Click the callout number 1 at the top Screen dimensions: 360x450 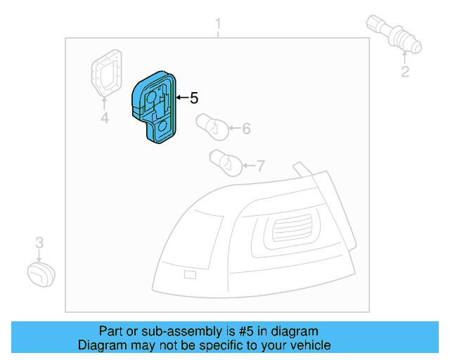(218, 26)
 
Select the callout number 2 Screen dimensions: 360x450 (405, 72)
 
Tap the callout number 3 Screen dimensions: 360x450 (39, 243)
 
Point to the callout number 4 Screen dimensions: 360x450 (104, 118)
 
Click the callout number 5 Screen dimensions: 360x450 (195, 98)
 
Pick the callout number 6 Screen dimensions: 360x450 (246, 129)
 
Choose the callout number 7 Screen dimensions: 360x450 (260, 167)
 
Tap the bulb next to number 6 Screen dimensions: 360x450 (211, 126)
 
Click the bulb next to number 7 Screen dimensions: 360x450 (226, 163)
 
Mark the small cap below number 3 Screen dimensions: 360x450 (41, 274)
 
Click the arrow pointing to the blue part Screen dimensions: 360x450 (181, 98)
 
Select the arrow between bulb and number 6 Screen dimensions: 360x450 (233, 129)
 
